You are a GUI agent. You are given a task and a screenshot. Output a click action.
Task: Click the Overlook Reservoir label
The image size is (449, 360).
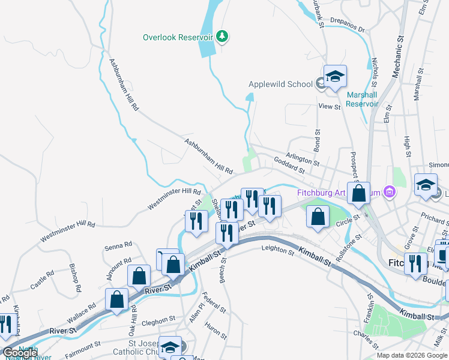(x=178, y=37)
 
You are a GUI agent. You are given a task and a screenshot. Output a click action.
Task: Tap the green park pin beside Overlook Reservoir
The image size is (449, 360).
(x=223, y=37)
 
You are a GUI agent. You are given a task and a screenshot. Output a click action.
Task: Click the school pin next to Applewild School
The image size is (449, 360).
(x=336, y=77)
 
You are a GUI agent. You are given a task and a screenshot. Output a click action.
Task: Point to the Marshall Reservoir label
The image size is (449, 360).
(x=362, y=99)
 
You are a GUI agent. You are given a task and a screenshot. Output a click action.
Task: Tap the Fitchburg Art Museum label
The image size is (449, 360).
(x=340, y=193)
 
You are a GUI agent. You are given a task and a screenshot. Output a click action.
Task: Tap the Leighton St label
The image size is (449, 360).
(x=277, y=250)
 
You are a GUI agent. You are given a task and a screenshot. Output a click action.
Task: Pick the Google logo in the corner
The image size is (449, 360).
(x=20, y=353)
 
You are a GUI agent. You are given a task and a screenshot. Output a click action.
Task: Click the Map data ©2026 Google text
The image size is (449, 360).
(x=412, y=355)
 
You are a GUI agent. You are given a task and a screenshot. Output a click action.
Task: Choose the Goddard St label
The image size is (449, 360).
(x=289, y=167)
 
